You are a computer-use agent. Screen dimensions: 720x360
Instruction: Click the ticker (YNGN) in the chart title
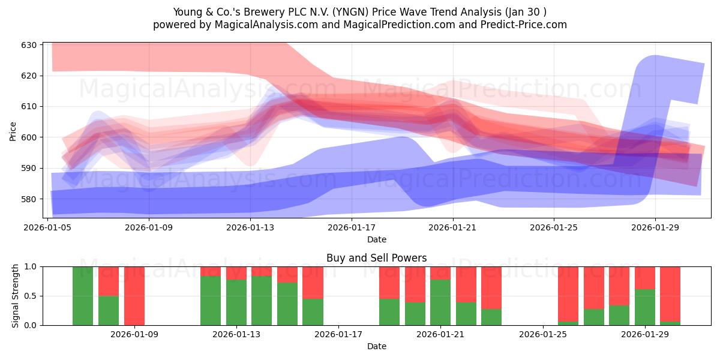[350, 12]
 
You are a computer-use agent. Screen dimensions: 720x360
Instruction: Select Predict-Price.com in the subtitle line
[524, 25]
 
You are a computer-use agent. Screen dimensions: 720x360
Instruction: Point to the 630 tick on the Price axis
[29, 45]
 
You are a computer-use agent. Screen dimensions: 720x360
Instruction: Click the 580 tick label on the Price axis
[29, 199]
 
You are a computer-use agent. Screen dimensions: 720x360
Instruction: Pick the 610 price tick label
[29, 106]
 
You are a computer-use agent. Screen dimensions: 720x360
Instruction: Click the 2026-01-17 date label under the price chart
[352, 227]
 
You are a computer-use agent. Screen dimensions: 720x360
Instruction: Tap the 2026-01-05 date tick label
[47, 227]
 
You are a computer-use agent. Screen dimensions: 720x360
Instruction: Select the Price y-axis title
[13, 131]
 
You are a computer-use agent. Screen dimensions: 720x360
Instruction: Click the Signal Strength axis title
[15, 296]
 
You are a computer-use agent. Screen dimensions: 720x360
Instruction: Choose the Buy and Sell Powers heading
[376, 258]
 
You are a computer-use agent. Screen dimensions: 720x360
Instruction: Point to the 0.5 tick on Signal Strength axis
[30, 296]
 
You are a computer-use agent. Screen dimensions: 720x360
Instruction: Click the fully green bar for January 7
[83, 296]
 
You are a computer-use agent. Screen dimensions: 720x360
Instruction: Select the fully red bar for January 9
[134, 296]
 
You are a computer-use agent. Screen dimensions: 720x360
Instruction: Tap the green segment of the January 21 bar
[440, 302]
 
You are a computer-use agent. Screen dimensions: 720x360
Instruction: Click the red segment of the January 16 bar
[313, 283]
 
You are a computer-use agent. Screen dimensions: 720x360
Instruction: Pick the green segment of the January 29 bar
[645, 307]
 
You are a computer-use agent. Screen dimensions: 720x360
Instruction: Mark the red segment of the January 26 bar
[568, 294]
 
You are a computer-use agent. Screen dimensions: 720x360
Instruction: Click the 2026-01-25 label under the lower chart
[543, 335]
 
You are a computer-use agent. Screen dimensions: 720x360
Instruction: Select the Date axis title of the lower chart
[377, 346]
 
